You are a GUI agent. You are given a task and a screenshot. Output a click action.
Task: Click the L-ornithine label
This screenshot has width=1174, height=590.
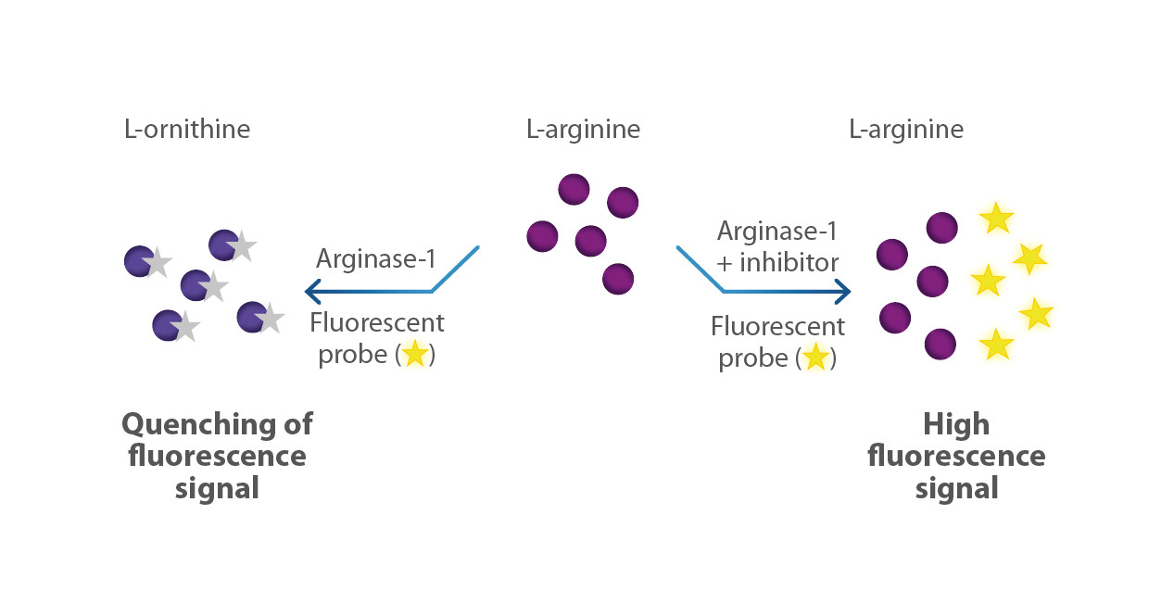tap(187, 129)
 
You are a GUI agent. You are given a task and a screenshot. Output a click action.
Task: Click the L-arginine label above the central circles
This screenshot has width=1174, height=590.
tap(584, 130)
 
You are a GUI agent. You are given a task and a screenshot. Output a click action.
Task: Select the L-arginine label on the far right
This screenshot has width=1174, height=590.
tap(906, 130)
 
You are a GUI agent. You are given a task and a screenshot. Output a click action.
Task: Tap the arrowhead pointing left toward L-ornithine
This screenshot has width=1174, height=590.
tap(313, 292)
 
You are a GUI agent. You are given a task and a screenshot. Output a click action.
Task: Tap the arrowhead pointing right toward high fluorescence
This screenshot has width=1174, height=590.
tap(843, 292)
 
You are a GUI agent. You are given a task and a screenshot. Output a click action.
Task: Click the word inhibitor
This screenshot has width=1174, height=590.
tap(789, 262)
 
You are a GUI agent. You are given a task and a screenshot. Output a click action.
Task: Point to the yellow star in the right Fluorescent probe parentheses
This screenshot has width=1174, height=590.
tap(815, 358)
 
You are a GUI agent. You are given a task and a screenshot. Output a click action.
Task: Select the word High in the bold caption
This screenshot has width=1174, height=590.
tap(956, 424)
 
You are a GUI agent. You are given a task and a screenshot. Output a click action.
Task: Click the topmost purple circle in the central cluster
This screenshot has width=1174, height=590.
tap(574, 189)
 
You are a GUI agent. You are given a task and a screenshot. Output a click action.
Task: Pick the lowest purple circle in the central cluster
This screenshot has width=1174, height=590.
tap(618, 279)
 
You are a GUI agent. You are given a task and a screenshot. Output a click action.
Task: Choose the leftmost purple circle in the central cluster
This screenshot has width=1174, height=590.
tap(542, 236)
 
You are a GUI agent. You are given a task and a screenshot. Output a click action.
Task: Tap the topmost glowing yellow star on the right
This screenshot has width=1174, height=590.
tap(996, 218)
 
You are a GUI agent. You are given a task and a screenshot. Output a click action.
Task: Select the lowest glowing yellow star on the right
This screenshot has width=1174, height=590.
tap(996, 345)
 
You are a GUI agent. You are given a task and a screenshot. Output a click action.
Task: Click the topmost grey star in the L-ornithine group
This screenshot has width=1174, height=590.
tap(242, 245)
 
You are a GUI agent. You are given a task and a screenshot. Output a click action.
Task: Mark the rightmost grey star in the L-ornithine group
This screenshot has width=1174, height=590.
tap(271, 318)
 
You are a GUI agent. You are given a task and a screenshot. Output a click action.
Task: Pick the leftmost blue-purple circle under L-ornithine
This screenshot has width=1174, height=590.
tap(139, 261)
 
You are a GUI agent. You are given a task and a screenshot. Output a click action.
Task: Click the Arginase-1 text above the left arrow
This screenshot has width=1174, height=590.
tap(376, 258)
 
